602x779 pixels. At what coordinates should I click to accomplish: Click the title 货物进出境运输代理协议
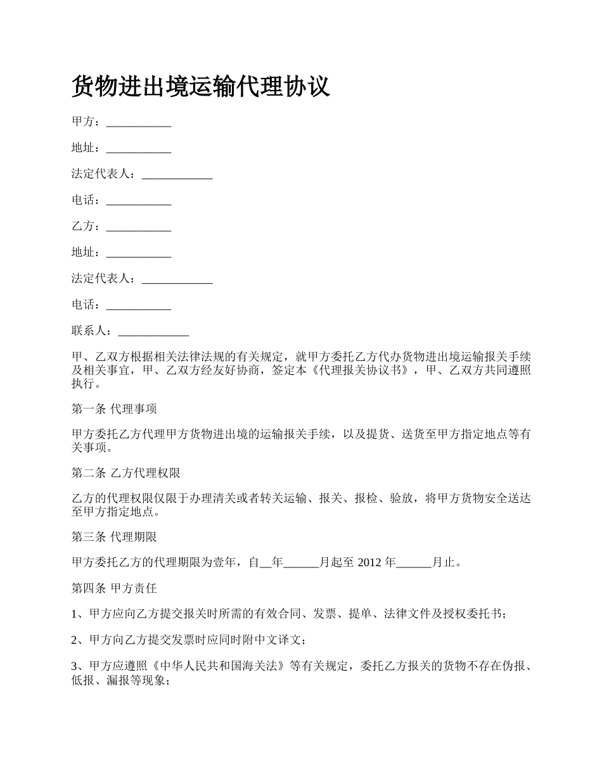[x=201, y=87]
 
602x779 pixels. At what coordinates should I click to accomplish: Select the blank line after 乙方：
[x=139, y=227]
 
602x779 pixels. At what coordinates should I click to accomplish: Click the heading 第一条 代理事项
[x=114, y=409]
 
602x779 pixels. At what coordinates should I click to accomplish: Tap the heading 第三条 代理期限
[x=114, y=537]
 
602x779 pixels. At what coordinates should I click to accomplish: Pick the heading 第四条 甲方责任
[x=114, y=588]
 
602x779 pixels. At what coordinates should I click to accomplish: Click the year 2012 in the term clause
[x=370, y=562]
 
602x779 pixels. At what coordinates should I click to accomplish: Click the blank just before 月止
[x=414, y=562]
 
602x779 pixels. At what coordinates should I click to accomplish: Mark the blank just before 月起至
[x=301, y=562]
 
